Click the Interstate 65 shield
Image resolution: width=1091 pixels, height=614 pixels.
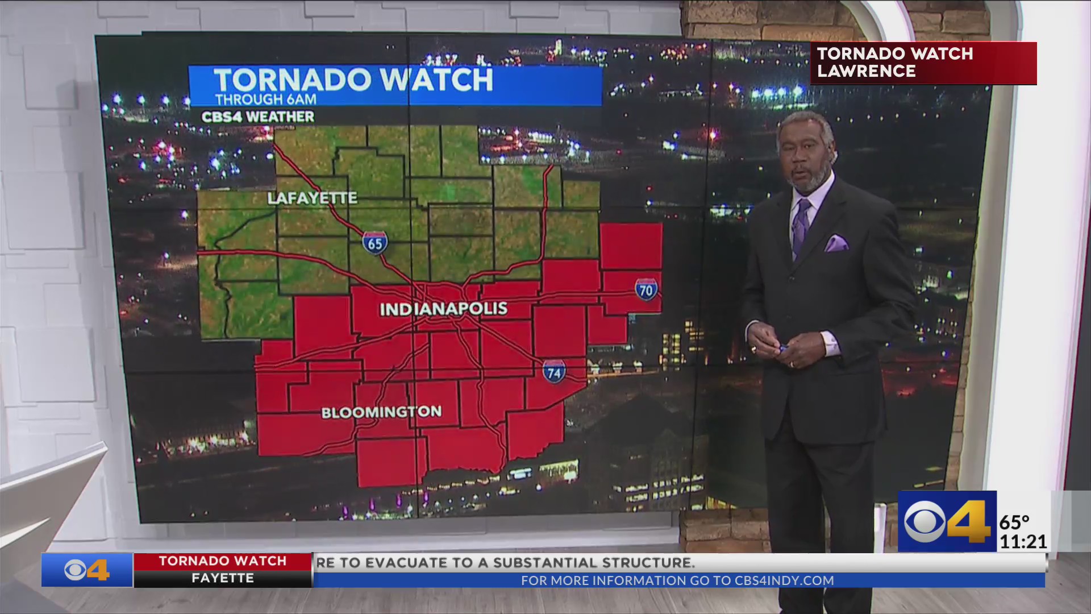375,243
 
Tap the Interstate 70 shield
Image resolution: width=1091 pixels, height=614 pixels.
646,289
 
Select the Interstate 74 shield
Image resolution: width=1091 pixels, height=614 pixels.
553,372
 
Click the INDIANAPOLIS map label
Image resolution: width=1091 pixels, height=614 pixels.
443,309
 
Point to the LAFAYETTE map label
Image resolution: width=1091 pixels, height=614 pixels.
312,198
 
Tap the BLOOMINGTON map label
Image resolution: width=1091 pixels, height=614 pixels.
381,412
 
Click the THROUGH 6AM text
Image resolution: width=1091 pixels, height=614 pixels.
265,99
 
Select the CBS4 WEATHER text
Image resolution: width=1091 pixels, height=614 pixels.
257,117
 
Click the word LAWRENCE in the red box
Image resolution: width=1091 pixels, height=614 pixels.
866,72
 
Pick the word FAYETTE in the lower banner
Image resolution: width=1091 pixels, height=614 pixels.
222,578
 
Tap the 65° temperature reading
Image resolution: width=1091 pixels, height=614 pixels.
1014,521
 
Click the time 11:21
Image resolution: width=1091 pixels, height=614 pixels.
1023,541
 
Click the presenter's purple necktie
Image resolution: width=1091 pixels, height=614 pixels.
801,227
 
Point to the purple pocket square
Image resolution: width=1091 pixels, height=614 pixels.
836,244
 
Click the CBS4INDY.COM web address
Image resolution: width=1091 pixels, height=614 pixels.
784,580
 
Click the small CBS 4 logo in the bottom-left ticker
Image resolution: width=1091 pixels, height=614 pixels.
86,570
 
